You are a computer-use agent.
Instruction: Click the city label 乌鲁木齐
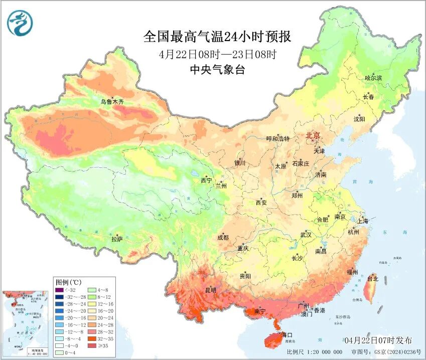[111, 102]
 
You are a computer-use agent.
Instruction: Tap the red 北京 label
[314, 135]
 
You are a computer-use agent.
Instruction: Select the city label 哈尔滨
[373, 78]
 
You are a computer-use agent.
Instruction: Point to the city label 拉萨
[116, 239]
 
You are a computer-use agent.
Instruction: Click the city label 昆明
[210, 290]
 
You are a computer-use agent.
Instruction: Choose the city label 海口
[287, 334]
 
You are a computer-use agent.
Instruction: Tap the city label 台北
[372, 278]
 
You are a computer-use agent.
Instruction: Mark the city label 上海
[362, 221]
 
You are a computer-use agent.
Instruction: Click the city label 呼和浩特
[277, 139]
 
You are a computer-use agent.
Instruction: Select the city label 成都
[223, 238]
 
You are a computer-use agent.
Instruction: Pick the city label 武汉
[306, 235]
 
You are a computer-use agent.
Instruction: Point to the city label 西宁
[206, 180]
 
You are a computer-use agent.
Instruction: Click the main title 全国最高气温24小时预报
[217, 37]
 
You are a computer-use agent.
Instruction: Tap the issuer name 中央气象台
[217, 70]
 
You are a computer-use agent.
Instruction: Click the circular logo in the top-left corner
[20, 23]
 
